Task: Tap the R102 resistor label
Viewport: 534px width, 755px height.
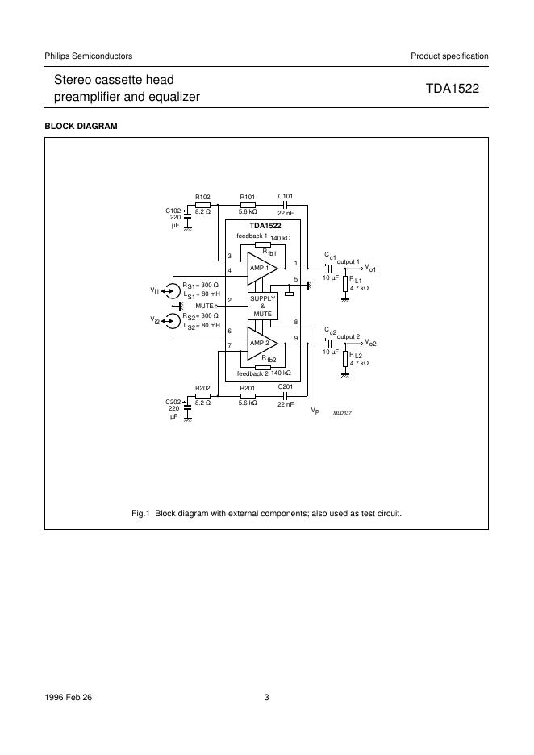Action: pyautogui.click(x=202, y=196)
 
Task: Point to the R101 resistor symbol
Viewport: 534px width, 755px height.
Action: pyautogui.click(x=248, y=205)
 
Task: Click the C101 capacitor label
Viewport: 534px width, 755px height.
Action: pyautogui.click(x=286, y=196)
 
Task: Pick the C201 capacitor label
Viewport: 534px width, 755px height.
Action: pyautogui.click(x=286, y=388)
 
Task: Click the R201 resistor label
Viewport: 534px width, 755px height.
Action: pyautogui.click(x=248, y=388)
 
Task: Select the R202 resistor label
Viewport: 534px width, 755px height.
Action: pyautogui.click(x=202, y=388)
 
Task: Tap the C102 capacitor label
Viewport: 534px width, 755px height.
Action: pyautogui.click(x=173, y=211)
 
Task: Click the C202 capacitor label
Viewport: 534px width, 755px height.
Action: pyautogui.click(x=173, y=402)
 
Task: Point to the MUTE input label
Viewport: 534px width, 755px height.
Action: pyautogui.click(x=204, y=307)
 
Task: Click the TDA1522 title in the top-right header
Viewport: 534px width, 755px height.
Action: pyautogui.click(x=453, y=90)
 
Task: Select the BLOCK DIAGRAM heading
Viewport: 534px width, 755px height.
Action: pyautogui.click(x=81, y=127)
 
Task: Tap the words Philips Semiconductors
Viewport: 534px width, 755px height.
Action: pyautogui.click(x=88, y=56)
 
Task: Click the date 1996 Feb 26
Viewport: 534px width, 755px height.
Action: pyautogui.click(x=69, y=698)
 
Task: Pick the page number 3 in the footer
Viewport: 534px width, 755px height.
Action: pyautogui.click(x=266, y=698)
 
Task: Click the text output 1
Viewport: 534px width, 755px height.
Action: pyautogui.click(x=348, y=262)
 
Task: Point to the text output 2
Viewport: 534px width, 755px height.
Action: pyautogui.click(x=348, y=336)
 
